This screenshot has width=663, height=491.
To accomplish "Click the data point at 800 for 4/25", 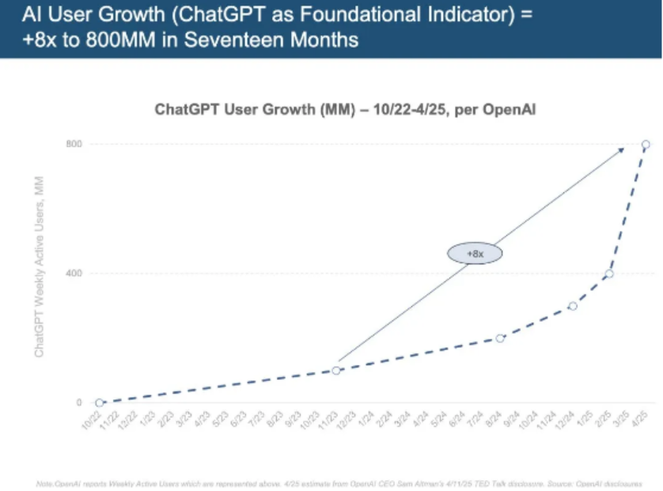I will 646,145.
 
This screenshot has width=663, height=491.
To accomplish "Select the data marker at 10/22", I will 100,402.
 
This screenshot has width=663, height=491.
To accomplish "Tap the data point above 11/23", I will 336,370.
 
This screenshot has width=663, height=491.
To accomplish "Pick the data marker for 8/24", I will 500,338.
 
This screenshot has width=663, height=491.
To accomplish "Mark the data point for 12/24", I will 573,306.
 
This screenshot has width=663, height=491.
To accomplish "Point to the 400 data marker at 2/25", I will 609,274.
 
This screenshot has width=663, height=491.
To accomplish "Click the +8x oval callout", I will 475,254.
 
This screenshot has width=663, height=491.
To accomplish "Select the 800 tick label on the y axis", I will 74,145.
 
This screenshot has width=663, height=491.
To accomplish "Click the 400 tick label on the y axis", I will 74,274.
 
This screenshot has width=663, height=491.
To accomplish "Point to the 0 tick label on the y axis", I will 79,402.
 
